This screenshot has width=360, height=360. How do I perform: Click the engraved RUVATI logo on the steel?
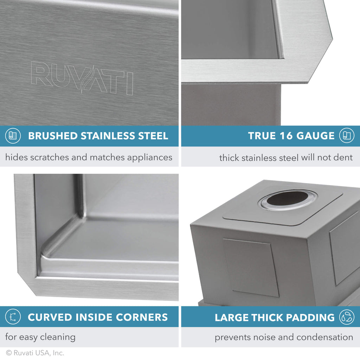coord(82,78)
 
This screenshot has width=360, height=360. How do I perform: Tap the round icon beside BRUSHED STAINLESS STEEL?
coord(13,136)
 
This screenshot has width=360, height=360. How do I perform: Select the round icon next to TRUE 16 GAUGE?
coord(347,136)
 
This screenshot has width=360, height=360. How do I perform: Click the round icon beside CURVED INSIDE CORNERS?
coord(13,317)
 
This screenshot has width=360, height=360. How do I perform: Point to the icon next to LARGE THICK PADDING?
coord(347,317)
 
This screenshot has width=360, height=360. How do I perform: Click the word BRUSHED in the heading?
coord(53,136)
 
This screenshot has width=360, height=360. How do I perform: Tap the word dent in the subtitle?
coord(343,157)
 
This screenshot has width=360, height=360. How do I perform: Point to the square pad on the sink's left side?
coord(250,267)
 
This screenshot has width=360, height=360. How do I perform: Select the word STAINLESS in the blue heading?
coord(106,136)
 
